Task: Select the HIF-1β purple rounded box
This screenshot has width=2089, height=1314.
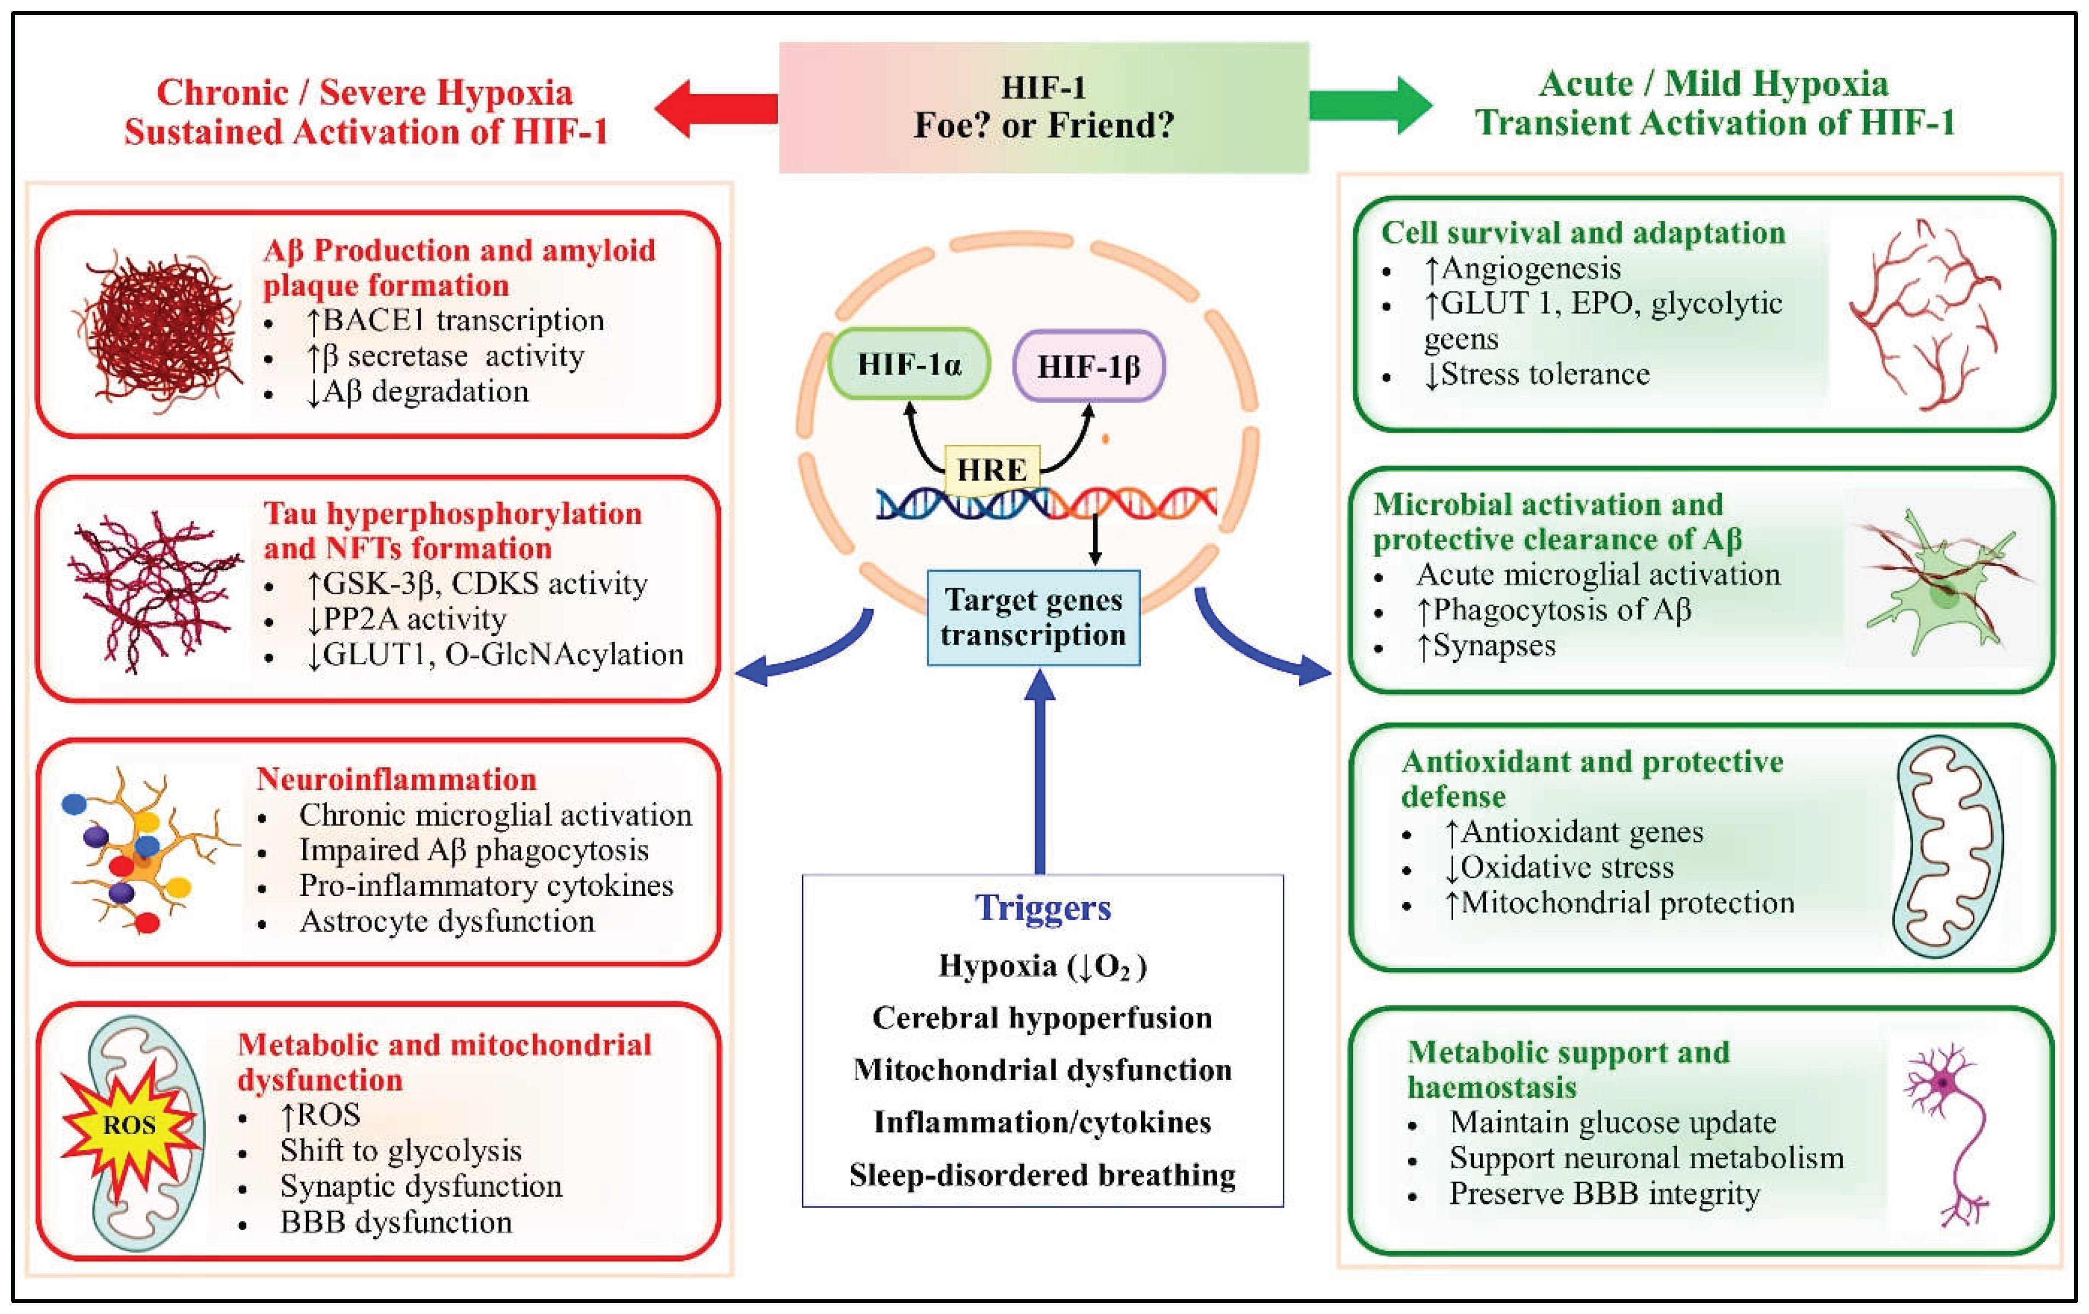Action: tap(1089, 366)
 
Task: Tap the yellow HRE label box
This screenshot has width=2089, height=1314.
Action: tap(991, 470)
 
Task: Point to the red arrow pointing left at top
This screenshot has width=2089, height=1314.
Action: tap(716, 108)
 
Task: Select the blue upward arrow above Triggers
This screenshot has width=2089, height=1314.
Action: tap(1039, 772)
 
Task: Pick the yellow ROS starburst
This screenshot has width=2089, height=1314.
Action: tap(128, 1125)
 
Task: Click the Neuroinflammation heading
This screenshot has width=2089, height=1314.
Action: tap(397, 779)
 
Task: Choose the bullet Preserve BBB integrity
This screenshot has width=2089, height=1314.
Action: tap(1604, 1193)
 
